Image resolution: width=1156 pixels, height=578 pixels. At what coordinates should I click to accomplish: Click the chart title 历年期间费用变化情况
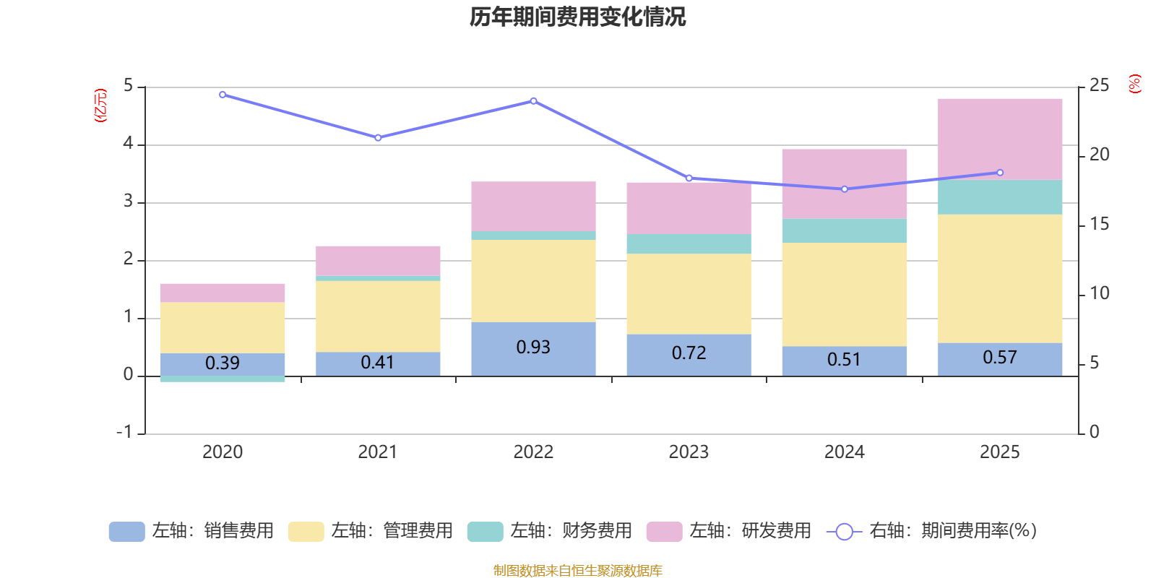[577, 17]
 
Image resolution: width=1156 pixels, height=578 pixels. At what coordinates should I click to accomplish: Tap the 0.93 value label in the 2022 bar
[533, 348]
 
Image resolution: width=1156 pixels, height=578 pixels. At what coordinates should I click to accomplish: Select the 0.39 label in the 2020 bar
[223, 363]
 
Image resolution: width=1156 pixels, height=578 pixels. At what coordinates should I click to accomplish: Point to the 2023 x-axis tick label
[689, 452]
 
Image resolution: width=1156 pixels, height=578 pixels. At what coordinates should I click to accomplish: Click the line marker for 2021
[378, 137]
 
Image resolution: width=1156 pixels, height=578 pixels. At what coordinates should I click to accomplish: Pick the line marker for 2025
[1000, 173]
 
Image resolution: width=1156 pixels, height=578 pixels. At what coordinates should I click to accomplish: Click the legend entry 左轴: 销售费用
[191, 531]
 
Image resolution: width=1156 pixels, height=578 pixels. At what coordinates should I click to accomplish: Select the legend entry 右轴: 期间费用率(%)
[932, 531]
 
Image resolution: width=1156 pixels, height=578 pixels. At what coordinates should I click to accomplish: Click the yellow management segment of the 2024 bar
[845, 294]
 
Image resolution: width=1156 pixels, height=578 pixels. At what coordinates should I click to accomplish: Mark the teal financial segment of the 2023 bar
[689, 243]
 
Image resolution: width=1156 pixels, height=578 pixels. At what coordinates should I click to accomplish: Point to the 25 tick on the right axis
[1099, 85]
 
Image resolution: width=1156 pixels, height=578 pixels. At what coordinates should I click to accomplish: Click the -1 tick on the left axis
[125, 432]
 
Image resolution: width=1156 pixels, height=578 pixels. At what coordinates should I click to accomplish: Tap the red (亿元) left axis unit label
[100, 105]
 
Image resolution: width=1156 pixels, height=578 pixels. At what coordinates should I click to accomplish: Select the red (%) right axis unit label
[1135, 84]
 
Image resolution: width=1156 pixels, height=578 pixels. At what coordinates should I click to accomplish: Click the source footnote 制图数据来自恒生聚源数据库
[577, 571]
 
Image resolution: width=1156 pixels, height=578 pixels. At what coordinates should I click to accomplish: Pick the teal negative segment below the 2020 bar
[223, 379]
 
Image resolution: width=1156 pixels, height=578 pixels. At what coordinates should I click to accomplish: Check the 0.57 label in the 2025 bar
[1000, 358]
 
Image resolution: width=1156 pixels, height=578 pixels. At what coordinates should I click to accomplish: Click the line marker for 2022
[533, 101]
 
